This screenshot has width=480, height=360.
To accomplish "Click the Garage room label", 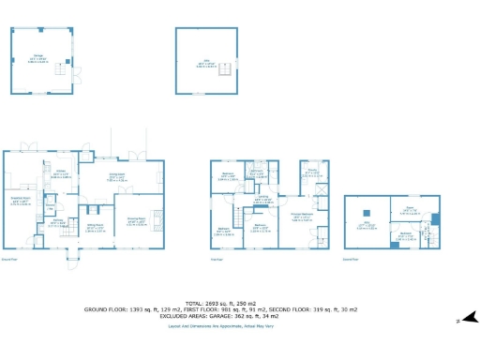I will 39,55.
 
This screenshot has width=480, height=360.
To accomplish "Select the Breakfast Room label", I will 20,200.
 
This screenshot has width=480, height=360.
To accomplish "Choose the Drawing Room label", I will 135,221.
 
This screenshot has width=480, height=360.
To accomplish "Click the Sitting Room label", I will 95,225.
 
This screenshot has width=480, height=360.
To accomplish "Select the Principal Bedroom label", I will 302,216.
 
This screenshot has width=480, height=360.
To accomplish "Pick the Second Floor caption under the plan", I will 352,259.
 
